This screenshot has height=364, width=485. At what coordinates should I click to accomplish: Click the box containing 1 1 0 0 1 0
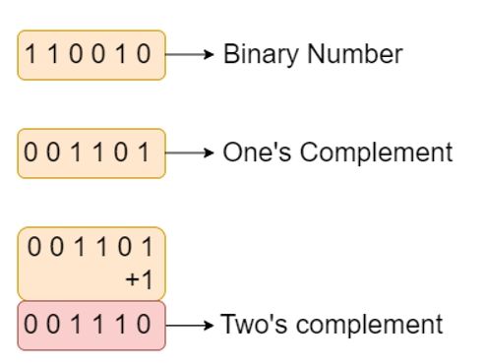91,55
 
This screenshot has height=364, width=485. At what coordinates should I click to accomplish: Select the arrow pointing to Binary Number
189,55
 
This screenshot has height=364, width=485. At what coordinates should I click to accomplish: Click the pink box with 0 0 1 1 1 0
91,326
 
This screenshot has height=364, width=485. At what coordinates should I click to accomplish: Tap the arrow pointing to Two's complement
189,326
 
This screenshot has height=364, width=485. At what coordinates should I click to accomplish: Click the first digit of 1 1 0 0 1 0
30,55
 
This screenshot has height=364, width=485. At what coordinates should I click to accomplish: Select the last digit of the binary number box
147,55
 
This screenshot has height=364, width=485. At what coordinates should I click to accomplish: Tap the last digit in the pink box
147,326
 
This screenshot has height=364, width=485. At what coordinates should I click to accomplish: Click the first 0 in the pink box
30,326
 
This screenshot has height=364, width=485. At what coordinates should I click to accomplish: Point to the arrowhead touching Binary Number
208,55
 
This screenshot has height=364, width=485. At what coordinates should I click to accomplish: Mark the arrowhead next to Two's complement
208,326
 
